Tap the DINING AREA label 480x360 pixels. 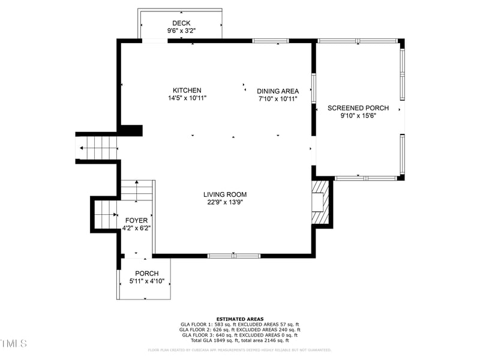278,91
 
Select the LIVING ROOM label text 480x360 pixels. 225,194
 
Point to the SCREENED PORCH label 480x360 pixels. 358,108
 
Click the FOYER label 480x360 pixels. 136,220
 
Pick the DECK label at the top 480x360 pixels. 181,23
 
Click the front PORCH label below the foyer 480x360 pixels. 147,274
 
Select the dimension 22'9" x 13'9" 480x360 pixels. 225,202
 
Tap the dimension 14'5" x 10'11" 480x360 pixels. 187,98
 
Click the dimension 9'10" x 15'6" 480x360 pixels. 358,116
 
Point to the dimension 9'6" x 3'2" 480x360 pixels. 181,31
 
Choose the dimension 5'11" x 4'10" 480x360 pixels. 147,281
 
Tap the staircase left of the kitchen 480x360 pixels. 97,147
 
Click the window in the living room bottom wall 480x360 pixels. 234,256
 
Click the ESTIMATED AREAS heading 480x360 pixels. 240,319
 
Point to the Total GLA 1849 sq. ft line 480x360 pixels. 240,340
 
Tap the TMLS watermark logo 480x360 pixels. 14,343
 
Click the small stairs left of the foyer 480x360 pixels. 106,214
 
